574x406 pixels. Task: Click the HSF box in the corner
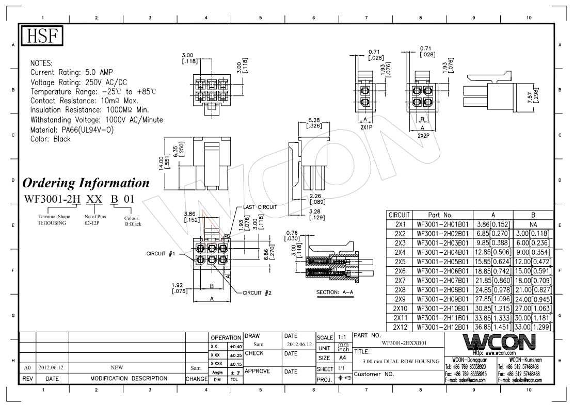point(42,36)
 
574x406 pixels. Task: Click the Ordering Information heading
point(86,183)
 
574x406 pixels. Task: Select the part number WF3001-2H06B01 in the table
point(442,271)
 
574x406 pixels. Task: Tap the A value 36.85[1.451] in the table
point(493,328)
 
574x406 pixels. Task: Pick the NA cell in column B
point(533,224)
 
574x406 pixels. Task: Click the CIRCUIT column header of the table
point(399,215)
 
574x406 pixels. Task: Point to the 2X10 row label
point(400,308)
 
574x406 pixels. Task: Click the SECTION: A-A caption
point(335,292)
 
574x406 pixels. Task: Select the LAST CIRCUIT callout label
point(260,207)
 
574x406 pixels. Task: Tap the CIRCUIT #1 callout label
point(161,253)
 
